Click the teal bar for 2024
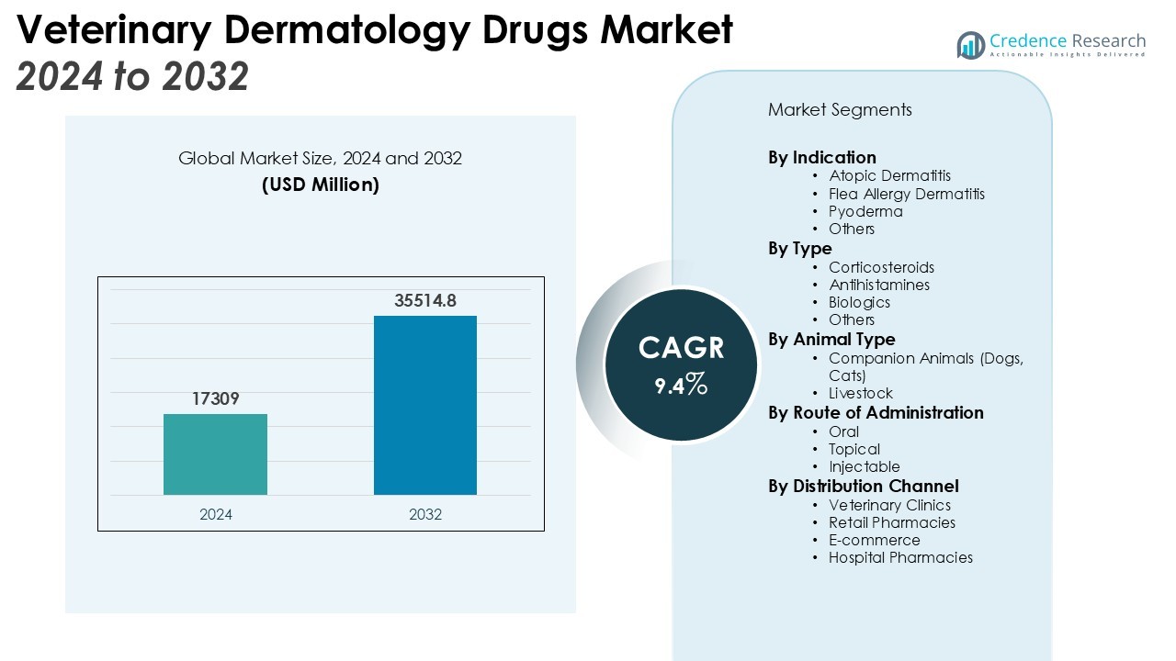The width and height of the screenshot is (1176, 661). click(215, 454)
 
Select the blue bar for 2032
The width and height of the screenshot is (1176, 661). click(424, 405)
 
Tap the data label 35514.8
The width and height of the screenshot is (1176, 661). click(425, 300)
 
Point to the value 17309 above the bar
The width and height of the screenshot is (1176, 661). click(216, 398)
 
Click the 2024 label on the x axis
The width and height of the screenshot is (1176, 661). click(216, 514)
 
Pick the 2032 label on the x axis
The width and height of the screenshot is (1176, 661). click(425, 514)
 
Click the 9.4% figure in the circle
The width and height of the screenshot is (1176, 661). click(681, 385)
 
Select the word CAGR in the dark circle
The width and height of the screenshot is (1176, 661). click(681, 348)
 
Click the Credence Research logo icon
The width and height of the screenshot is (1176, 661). click(970, 44)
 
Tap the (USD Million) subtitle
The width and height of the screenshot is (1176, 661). click(320, 185)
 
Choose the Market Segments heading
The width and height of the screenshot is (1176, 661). click(840, 110)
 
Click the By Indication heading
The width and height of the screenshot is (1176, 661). click(822, 157)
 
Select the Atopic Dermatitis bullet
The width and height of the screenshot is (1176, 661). click(889, 175)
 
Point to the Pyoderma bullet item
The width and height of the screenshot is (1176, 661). click(865, 211)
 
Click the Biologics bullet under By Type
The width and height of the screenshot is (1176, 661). click(859, 302)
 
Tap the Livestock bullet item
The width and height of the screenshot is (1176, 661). click(860, 393)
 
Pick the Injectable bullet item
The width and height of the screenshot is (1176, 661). click(864, 466)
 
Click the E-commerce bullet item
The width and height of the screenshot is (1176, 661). click(874, 540)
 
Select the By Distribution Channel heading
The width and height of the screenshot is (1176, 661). click(863, 486)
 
